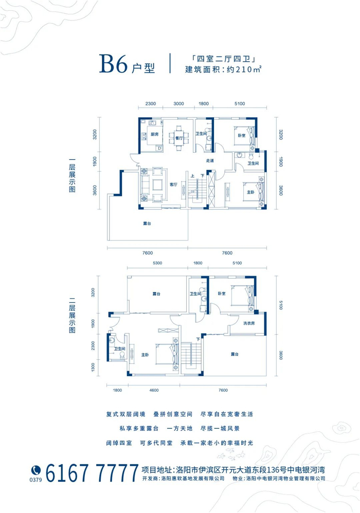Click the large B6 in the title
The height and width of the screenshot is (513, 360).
coord(113,63)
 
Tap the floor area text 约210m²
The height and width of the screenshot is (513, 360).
coord(244,69)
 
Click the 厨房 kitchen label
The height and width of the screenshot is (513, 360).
coord(154,134)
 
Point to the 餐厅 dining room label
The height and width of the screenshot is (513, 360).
coord(178,138)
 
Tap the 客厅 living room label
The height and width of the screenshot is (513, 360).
coord(173,185)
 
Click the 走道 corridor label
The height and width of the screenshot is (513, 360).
coord(210,161)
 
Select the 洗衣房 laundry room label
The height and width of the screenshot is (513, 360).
coord(249,323)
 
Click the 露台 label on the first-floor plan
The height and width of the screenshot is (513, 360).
coord(147,224)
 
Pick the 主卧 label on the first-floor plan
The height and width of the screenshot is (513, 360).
coord(250,192)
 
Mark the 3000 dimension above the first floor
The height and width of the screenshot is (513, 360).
coord(178,103)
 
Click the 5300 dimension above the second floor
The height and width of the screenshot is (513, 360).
coord(157,263)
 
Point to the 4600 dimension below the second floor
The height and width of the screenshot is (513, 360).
coord(154,390)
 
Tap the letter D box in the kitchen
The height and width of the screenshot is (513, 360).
coord(159,148)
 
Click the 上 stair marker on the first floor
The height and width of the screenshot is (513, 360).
coord(193,176)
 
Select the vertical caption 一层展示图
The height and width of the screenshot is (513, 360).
coord(72,176)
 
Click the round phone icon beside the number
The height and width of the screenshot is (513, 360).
coord(36,470)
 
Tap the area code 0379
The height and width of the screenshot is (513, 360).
coord(35,480)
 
